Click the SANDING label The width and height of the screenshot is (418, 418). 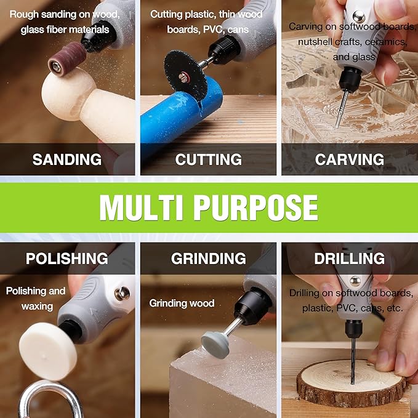[x=67, y=159]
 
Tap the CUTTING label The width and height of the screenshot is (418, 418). [x=208, y=159]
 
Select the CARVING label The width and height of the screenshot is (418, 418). [x=349, y=159]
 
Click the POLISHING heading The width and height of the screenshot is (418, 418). [x=67, y=259]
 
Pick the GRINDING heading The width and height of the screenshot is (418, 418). [x=208, y=259]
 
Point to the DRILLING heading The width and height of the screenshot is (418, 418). [x=349, y=259]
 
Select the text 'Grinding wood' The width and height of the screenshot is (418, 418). [x=182, y=303]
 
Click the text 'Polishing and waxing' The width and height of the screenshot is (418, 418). [x=36, y=298]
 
